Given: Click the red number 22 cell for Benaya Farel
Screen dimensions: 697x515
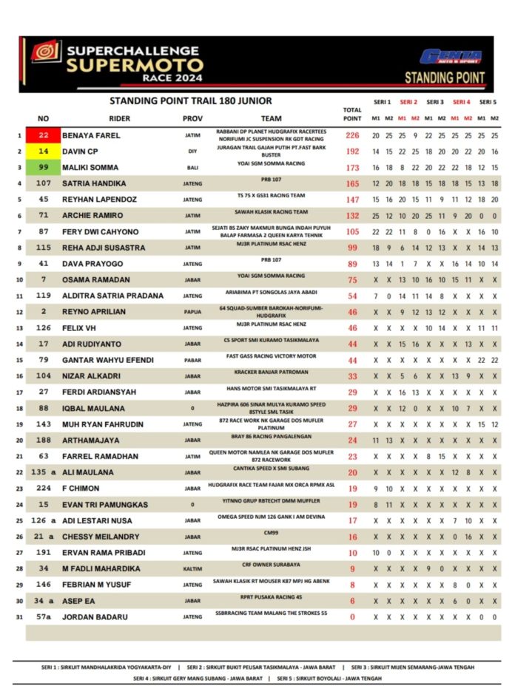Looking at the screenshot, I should [x=44, y=136].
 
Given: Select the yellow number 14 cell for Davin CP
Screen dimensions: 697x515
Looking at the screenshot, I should [x=44, y=152].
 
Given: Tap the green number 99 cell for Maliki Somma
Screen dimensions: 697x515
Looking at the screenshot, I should [x=44, y=167].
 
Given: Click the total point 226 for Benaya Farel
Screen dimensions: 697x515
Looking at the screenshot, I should [x=352, y=136].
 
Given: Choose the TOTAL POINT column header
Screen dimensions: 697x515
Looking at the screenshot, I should [x=352, y=114].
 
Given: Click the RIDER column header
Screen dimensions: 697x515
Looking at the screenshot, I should [x=120, y=118].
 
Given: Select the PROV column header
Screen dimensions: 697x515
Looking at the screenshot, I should [x=192, y=118].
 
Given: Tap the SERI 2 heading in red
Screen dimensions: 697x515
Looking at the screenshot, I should [x=408, y=102].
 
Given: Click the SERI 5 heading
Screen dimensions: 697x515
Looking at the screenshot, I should [x=488, y=102].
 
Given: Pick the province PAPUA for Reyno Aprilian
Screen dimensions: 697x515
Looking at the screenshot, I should [x=192, y=313].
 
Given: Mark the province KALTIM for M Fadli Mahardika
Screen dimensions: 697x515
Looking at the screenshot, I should [x=192, y=568].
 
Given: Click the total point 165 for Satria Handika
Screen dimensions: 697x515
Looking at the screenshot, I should [x=352, y=183].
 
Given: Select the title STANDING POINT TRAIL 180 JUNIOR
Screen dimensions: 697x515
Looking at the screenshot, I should [x=191, y=101].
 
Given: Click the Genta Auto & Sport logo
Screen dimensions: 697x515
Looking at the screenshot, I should [x=451, y=57].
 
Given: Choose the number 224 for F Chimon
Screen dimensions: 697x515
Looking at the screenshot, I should [x=44, y=489].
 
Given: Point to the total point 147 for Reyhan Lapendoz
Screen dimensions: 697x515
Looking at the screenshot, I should [x=352, y=200].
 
